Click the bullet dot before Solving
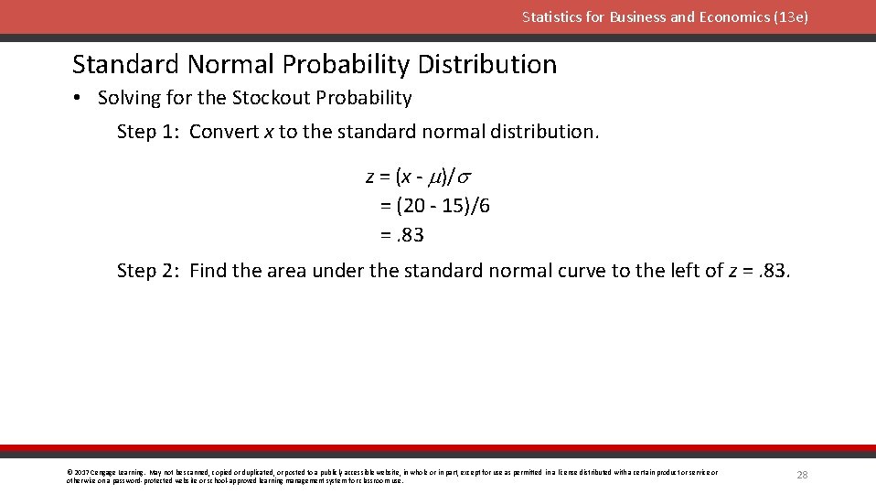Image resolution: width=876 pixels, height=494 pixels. coord(80,99)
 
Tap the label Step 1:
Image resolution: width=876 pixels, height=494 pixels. coord(149,132)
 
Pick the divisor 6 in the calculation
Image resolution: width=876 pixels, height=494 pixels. coord(484,206)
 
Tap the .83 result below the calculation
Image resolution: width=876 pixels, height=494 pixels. coord(410,235)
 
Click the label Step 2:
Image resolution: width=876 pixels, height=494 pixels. coord(149,271)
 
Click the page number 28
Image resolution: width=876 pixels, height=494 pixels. coord(802,475)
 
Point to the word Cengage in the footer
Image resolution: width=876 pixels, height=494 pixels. coord(105,472)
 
